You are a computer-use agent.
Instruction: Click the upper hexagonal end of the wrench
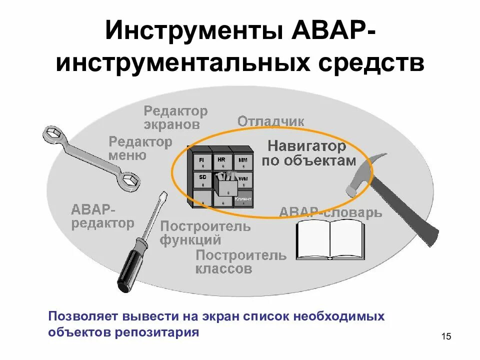51,133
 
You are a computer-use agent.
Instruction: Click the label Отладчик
270,121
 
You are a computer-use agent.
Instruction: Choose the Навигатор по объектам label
308,153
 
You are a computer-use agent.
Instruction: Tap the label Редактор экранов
175,117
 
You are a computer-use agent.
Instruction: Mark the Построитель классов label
240,262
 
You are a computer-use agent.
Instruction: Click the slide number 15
446,336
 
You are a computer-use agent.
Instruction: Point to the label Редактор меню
140,148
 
